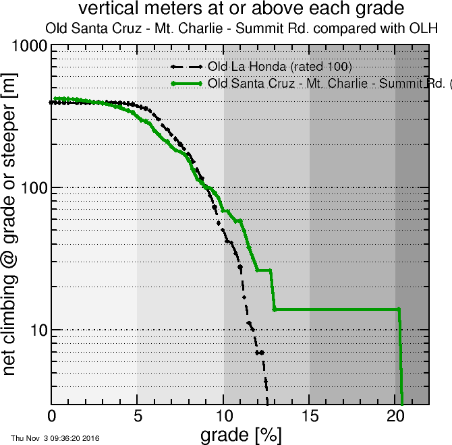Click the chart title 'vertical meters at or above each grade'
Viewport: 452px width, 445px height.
coord(242,9)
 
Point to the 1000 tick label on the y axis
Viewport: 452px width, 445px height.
coord(28,47)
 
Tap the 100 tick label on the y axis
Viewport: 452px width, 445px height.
coord(32,187)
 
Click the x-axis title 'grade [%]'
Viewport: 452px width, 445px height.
coord(241,434)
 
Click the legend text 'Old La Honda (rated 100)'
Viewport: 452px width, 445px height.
coord(280,67)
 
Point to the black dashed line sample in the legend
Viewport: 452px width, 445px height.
coord(187,67)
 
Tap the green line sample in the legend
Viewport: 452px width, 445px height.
coord(187,84)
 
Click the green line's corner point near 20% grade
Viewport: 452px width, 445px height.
coord(399,309)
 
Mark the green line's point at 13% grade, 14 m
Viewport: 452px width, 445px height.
coord(275,309)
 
